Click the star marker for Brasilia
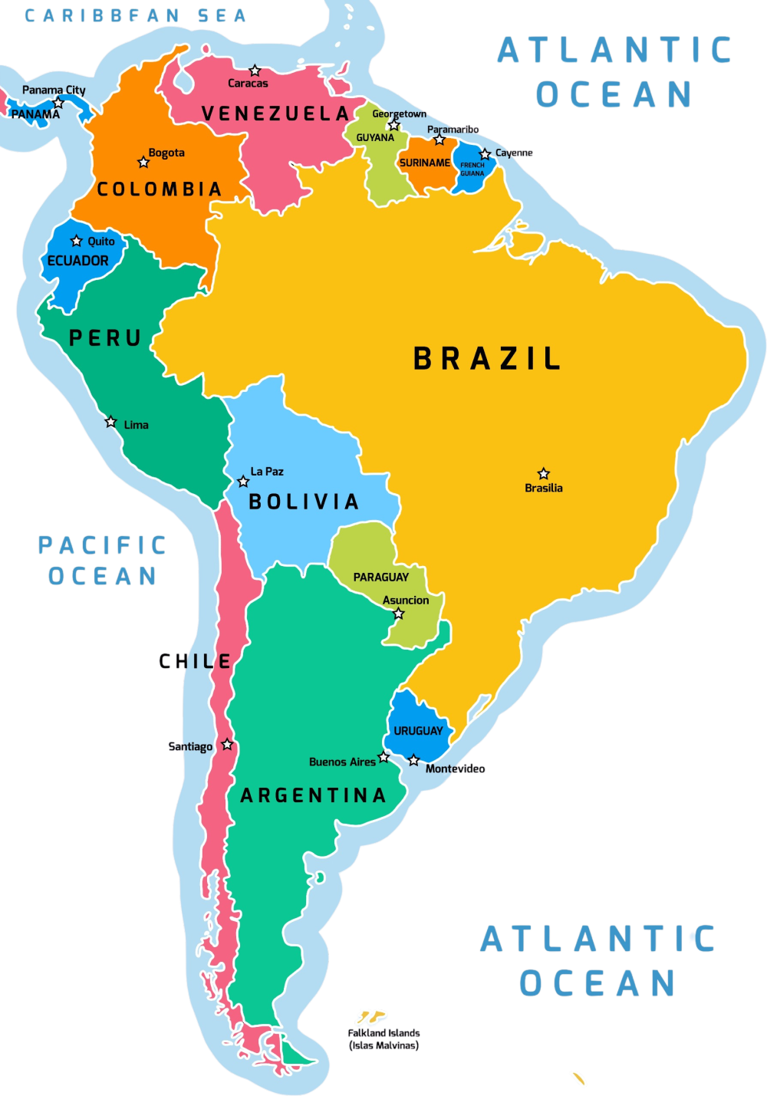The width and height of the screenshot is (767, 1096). coord(543,473)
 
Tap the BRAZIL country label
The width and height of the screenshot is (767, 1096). coord(488,359)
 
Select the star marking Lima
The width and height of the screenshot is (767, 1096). coord(110,422)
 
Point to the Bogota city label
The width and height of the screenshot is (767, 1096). coord(166,153)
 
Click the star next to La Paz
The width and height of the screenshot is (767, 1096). coord(243,482)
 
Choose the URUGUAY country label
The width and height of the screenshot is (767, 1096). coord(418,731)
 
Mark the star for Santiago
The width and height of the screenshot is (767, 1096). coord(227,745)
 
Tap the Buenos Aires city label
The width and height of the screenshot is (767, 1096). coord(342,762)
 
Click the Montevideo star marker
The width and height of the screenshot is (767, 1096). coord(413,760)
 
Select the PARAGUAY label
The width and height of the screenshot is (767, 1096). coord(380,577)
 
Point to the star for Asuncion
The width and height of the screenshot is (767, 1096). coord(398,614)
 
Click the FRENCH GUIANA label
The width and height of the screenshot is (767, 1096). coord(472,169)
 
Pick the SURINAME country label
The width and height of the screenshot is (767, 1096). coord(425,163)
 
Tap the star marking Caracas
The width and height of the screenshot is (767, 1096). coord(255,71)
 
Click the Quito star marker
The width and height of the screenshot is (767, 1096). coord(76,241)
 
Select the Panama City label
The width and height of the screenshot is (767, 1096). coord(54,90)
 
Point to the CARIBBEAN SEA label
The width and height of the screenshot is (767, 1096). coord(135,15)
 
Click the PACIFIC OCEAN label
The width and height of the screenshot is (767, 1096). coord(103,561)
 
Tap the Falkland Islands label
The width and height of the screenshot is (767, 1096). coord(383,1038)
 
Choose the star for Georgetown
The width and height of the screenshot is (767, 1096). coord(394,125)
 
